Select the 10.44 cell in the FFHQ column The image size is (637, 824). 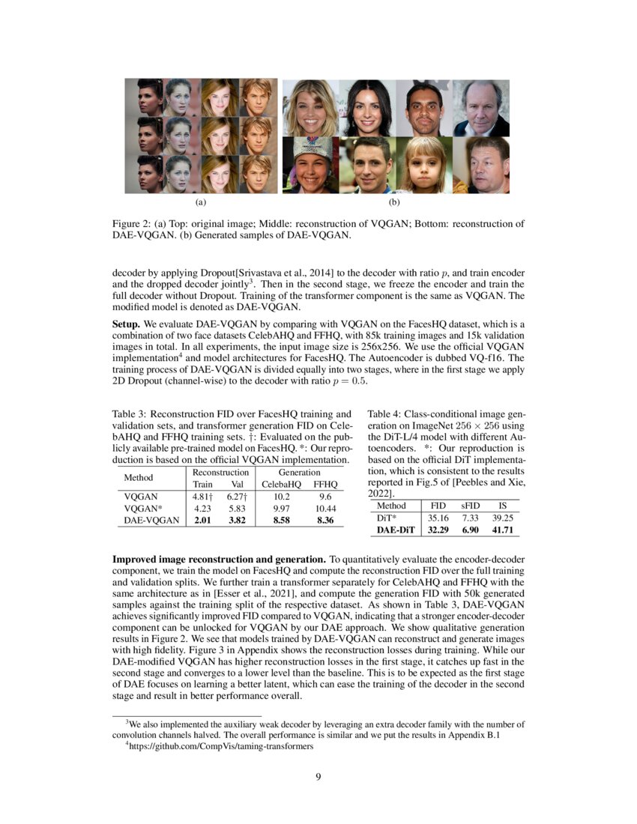[325, 508]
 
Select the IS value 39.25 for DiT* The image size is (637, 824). [503, 518]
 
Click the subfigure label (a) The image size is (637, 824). [200, 202]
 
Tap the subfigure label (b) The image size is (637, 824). [395, 202]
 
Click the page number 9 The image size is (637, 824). [318, 776]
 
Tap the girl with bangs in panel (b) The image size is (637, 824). [423, 166]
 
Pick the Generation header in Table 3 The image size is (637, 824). [300, 473]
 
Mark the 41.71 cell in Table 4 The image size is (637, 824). [503, 530]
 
